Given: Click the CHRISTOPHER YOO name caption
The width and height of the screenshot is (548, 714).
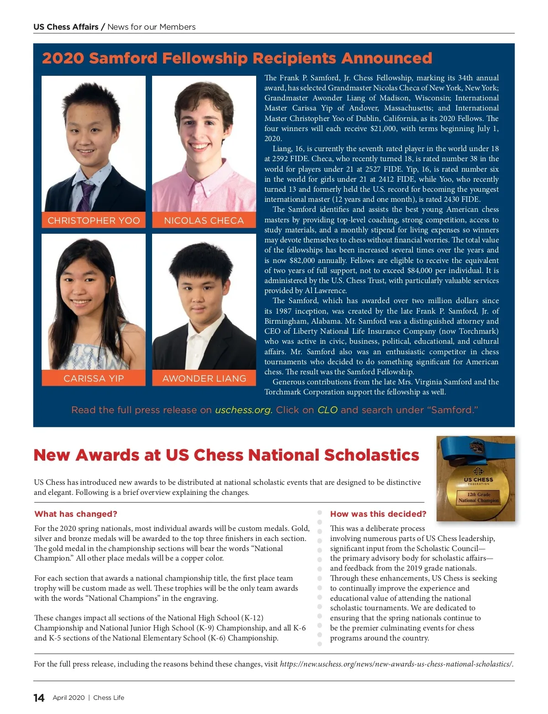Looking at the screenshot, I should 94,220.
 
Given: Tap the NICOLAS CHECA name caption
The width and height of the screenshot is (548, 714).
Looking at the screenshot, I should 204,220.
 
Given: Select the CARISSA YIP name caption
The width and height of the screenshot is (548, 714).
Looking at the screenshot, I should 94,378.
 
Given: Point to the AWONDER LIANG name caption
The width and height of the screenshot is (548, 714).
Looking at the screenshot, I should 204,378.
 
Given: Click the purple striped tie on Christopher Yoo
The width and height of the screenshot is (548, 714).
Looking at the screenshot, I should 86,194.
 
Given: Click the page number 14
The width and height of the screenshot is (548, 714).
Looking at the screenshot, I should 39,698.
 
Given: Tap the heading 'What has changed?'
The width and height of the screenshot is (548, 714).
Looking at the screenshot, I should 76,514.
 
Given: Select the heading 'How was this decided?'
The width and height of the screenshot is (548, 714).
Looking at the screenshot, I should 378,514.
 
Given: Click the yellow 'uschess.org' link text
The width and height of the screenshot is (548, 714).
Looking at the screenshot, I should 243,410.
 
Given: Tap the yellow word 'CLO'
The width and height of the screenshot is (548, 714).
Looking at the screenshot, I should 327,410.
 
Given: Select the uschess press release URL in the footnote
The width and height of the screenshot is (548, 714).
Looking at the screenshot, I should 396,664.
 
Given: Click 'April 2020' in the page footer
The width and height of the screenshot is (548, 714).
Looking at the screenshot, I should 68,698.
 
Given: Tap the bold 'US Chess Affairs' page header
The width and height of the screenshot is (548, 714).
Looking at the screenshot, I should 66,27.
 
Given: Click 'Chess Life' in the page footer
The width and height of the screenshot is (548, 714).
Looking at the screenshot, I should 109,698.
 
